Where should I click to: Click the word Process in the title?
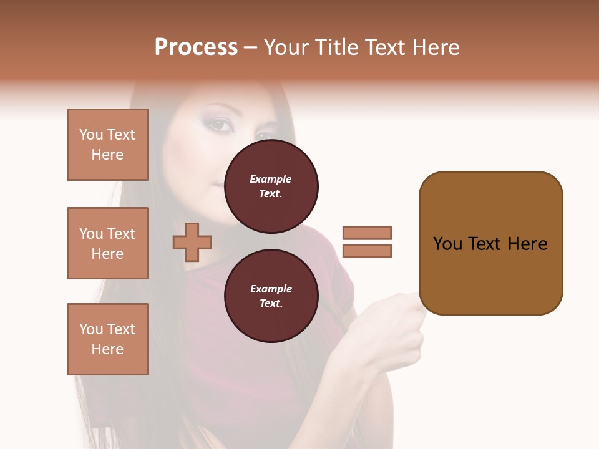point(196,47)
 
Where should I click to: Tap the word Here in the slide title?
point(434,47)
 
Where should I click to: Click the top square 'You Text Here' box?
point(107,145)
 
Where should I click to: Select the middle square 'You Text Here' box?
point(107,243)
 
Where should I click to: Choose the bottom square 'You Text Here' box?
point(107,339)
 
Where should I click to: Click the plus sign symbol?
point(192,242)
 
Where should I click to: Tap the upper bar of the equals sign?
point(367,233)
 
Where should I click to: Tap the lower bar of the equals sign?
point(367,251)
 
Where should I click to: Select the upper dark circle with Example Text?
point(271,186)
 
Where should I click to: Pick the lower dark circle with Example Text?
point(271,296)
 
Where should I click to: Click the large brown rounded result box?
point(490,243)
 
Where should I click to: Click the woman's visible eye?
point(219,125)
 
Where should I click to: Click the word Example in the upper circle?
point(271,179)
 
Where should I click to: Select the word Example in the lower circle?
point(271,289)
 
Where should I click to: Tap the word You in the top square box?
point(91,135)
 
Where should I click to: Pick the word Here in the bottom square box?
point(107,349)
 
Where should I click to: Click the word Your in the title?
point(286,47)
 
